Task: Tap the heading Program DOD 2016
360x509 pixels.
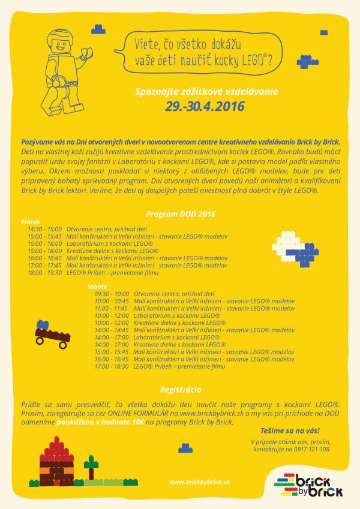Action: coord(180,214)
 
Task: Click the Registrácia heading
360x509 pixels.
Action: coord(181,390)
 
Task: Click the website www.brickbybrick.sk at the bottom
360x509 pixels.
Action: coord(199,481)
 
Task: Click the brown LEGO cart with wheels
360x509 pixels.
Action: coord(53,336)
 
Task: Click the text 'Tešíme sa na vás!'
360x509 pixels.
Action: coord(290,430)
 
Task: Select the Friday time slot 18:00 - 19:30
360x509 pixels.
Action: coord(44,272)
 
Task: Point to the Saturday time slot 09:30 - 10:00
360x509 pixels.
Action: coord(111,294)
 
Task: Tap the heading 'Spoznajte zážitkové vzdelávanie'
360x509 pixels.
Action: coord(198,94)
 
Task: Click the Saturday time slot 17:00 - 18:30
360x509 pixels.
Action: coord(111,366)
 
